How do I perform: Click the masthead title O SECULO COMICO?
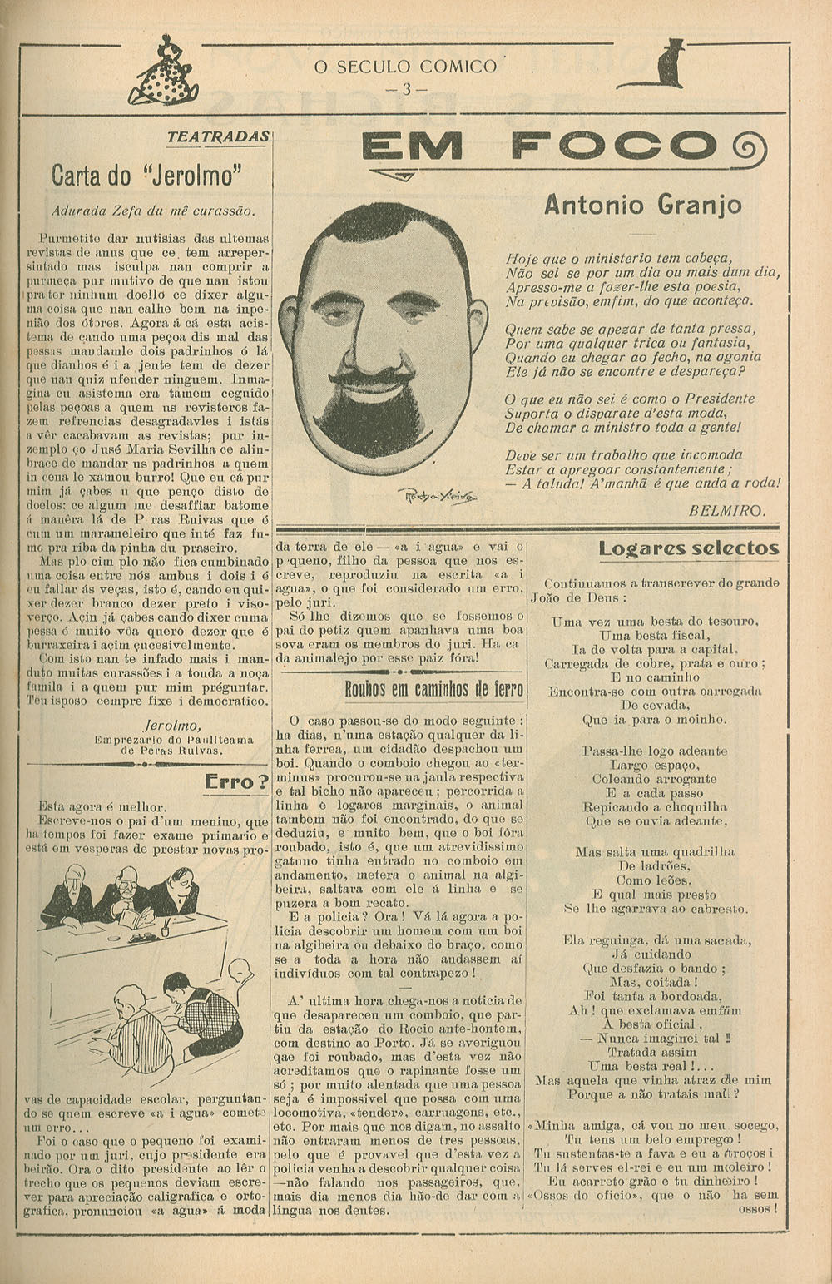[x=405, y=67]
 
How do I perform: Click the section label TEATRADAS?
[x=218, y=137]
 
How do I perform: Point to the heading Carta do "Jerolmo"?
[x=146, y=176]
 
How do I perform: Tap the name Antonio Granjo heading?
[x=642, y=205]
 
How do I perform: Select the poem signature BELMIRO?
[x=726, y=511]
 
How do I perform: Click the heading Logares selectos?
[x=688, y=548]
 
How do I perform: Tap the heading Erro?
[x=237, y=781]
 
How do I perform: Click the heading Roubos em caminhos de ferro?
[x=433, y=689]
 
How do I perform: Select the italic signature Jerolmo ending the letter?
[x=171, y=725]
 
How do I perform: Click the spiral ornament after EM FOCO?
[x=749, y=149]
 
